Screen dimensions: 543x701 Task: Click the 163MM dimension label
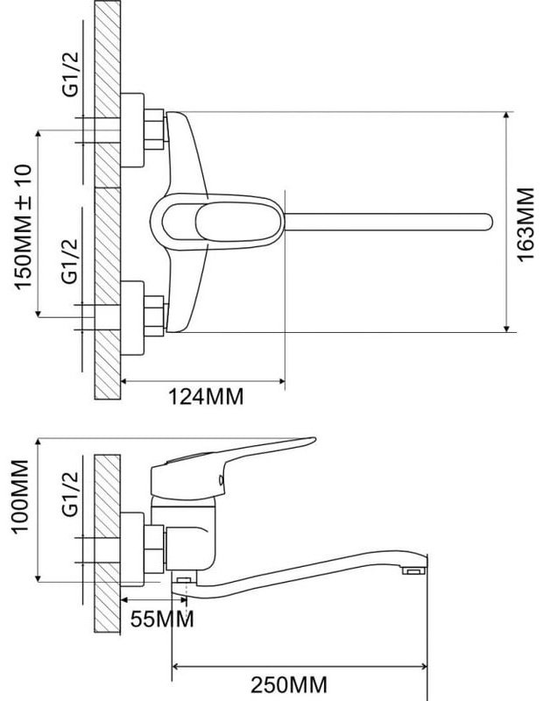[526, 223]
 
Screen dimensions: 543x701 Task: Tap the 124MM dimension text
[206, 396]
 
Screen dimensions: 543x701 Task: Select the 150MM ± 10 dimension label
[24, 227]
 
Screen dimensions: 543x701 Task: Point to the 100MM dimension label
[20, 496]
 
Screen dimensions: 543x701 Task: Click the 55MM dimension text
[162, 620]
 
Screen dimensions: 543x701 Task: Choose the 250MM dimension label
[289, 685]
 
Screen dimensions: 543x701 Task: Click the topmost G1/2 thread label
[70, 74]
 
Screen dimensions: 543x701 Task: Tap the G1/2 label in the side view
[70, 494]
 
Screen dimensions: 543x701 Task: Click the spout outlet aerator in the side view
[414, 571]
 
